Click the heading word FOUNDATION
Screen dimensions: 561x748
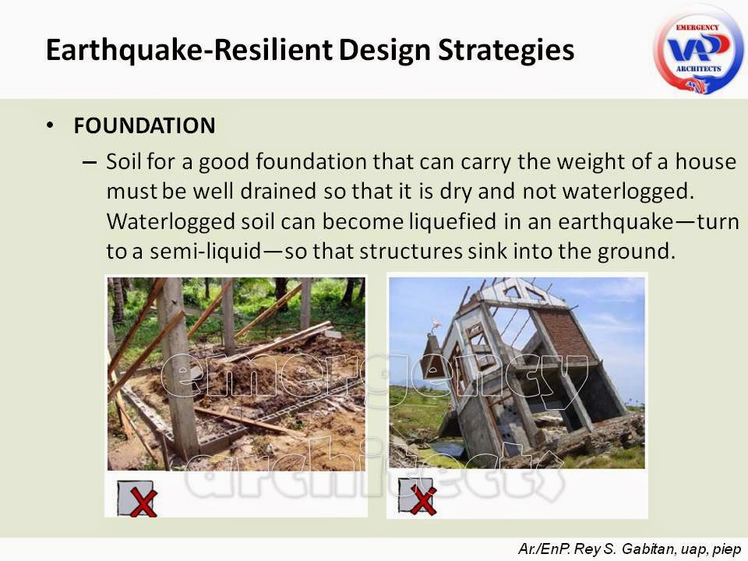pos(144,125)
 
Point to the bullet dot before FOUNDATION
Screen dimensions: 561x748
pos(51,125)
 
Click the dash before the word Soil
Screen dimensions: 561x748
pos(89,163)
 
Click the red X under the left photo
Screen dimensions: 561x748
pos(142,502)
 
